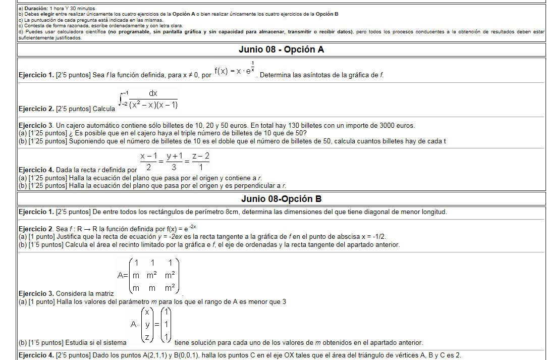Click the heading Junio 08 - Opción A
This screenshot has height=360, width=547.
(281, 49)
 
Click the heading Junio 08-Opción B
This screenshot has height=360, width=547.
(281, 198)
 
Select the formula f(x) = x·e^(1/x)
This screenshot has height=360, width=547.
(235, 70)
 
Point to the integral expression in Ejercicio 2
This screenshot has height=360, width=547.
(148, 99)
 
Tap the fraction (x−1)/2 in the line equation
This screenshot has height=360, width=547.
(147, 162)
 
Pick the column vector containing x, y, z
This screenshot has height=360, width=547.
(146, 323)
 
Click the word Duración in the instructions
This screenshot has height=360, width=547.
(35, 9)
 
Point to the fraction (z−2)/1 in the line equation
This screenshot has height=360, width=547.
(201, 162)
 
